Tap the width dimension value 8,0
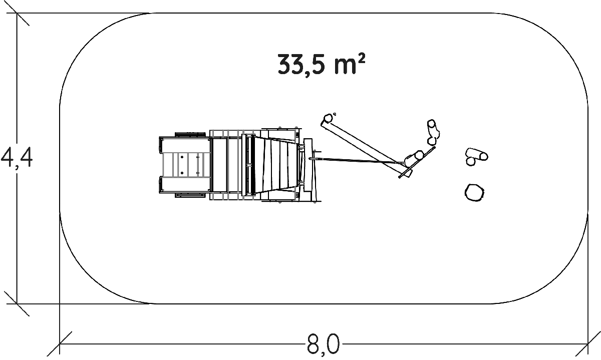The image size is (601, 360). tap(323, 345)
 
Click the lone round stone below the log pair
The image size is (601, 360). tap(475, 192)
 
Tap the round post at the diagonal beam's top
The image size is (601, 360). tap(328, 119)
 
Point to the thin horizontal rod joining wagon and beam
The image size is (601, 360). tap(356, 161)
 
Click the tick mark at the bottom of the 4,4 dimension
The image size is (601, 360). tap(17, 303)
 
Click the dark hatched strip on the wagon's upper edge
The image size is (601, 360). tap(190, 134)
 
